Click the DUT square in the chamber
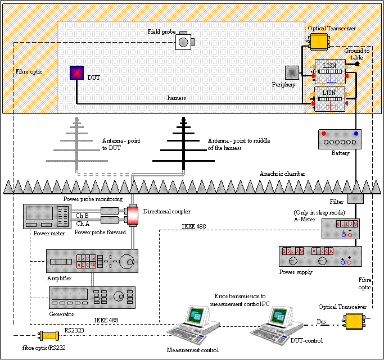76,73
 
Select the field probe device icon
184,42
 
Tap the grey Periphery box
292,73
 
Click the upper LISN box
329,71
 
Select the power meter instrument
46,217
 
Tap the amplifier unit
92,261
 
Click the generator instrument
92,296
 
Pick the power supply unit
320,256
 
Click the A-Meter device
340,229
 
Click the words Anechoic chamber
282,174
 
